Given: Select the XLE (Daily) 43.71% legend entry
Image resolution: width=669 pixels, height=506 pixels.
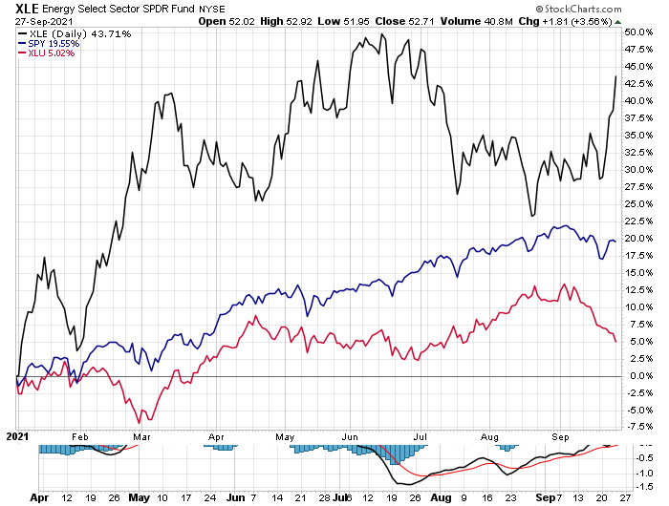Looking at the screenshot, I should point(53,32).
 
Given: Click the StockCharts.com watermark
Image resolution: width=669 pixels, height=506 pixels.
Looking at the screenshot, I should point(611,8).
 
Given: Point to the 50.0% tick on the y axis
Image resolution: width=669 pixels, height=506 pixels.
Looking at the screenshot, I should point(637,32).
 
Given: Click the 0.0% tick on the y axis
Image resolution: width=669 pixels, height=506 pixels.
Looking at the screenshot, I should point(637,375).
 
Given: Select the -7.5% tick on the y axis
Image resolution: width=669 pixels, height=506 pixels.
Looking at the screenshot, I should point(637,427).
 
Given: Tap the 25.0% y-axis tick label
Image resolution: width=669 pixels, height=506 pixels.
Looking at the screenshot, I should point(637,203).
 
